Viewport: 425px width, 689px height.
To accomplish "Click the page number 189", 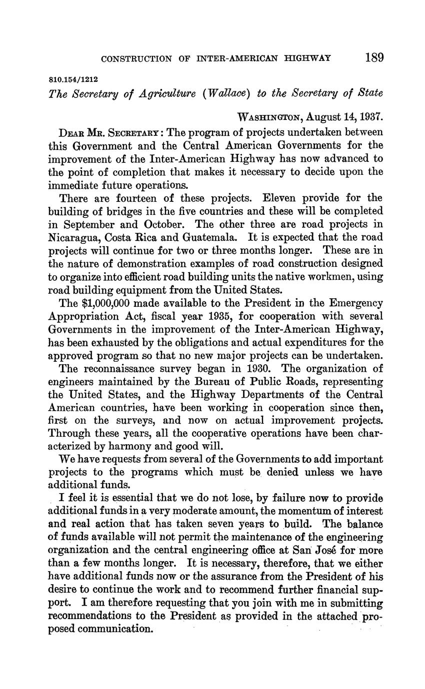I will tap(374, 58).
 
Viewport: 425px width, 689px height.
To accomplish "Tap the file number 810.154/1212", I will tap(73, 79).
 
